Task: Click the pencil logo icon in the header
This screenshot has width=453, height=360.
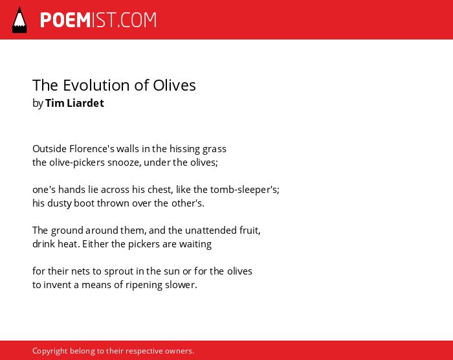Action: point(19,20)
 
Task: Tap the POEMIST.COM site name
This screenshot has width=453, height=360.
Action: point(98,20)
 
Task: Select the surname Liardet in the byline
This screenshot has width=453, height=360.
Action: point(85,103)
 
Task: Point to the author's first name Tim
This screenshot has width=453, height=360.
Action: point(55,103)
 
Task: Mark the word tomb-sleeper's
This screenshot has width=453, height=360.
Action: point(245,190)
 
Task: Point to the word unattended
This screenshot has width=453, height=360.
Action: point(211,231)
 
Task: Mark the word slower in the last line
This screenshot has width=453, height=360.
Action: point(181,285)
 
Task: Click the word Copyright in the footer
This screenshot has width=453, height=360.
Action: point(50,351)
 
